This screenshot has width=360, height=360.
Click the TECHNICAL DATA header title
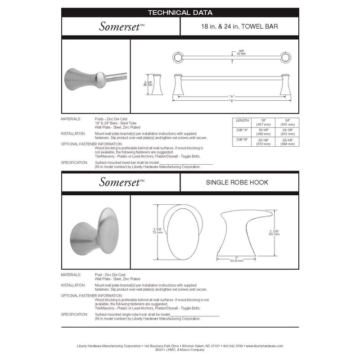tap(180, 13)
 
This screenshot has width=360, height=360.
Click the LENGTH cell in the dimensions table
tap(242, 121)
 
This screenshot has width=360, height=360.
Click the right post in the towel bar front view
tap(285, 84)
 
